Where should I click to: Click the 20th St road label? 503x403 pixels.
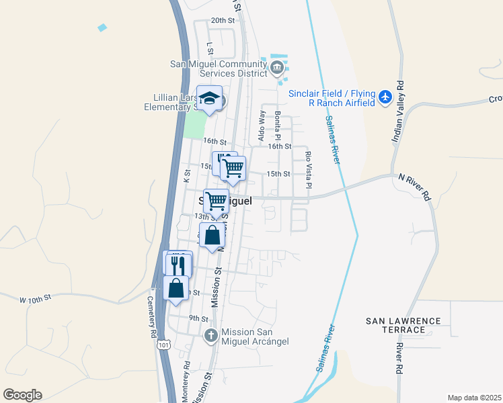click(x=222, y=21)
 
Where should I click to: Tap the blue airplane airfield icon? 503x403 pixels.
click(x=385, y=97)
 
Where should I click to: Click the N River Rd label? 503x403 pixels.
click(x=414, y=185)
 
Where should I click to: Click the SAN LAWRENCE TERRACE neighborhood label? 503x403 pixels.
click(x=404, y=325)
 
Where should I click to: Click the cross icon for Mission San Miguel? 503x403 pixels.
click(x=210, y=336)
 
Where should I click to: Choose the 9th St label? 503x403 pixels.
click(x=198, y=318)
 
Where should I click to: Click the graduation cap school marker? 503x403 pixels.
click(x=209, y=98)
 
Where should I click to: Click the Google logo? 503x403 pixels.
click(x=22, y=395)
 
